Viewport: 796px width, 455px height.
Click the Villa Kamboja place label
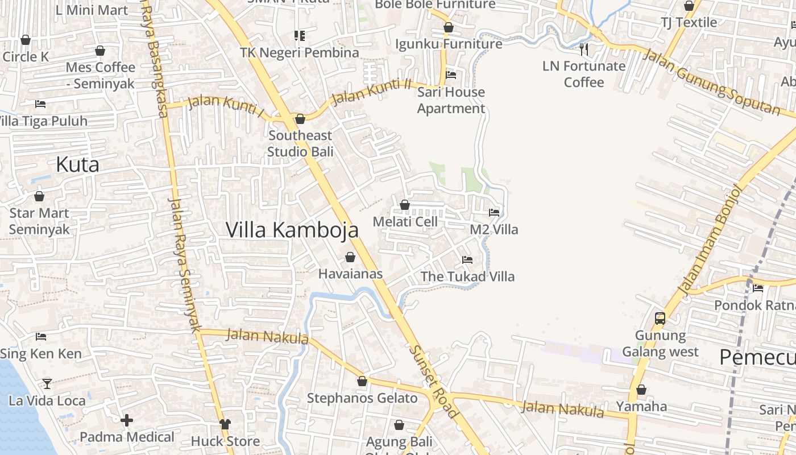pyautogui.click(x=292, y=230)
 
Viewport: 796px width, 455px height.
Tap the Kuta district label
pyautogui.click(x=77, y=164)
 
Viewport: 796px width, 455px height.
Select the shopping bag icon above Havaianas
pyautogui.click(x=350, y=257)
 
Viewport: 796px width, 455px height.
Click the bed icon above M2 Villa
pyautogui.click(x=494, y=213)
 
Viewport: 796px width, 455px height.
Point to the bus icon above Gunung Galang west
pyautogui.click(x=660, y=318)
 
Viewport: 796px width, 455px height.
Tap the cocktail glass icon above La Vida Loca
pyautogui.click(x=47, y=384)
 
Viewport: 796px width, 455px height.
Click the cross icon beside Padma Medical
pyautogui.click(x=127, y=420)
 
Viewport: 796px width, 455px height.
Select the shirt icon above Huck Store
pyautogui.click(x=225, y=424)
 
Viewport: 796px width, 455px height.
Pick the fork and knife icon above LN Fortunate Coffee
pyautogui.click(x=583, y=49)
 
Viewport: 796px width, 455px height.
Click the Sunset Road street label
pyautogui.click(x=433, y=382)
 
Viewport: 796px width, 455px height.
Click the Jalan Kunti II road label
pyautogui.click(x=371, y=92)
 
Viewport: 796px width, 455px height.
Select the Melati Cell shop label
pyautogui.click(x=405, y=222)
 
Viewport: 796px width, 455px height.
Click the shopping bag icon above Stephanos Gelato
pyautogui.click(x=362, y=381)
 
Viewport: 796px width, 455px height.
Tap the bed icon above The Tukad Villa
pyautogui.click(x=467, y=260)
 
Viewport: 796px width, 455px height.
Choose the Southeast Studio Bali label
pyautogui.click(x=300, y=143)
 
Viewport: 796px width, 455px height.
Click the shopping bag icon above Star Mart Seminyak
pyautogui.click(x=39, y=197)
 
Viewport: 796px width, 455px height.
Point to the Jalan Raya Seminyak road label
pyautogui.click(x=185, y=264)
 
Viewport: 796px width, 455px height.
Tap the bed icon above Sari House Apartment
pyautogui.click(x=451, y=75)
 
